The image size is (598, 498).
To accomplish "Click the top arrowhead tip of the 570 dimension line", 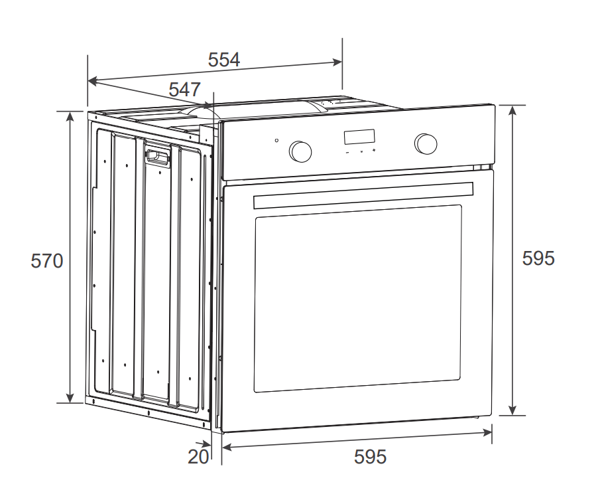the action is point(70,112).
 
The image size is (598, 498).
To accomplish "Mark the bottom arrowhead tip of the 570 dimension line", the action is point(70,402).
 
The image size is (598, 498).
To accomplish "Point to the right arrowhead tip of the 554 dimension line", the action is point(341,62).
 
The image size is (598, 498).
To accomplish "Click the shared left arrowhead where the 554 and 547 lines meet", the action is point(88,80).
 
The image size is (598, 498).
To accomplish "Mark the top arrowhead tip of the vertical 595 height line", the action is point(512,106).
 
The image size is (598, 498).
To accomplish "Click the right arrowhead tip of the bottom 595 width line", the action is point(491,432).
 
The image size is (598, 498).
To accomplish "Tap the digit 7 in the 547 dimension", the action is point(194,90).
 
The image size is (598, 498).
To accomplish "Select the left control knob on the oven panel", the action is point(300,151).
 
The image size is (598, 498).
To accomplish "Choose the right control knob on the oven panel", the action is point(426,143).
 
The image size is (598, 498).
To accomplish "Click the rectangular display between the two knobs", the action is point(359,137).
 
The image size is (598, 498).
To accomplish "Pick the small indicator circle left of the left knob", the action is point(276,140).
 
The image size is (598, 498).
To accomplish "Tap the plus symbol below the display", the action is point(374,150).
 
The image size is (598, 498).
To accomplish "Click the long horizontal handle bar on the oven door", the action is point(363,195).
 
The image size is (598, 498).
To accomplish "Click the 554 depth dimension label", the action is point(224,60).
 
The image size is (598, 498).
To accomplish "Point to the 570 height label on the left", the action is point(47,261).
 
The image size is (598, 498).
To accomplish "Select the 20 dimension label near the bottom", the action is point(198,457).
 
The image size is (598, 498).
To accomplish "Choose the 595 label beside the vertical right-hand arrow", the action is point(538,258).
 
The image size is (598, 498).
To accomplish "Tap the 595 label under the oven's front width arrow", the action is point(370,457).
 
